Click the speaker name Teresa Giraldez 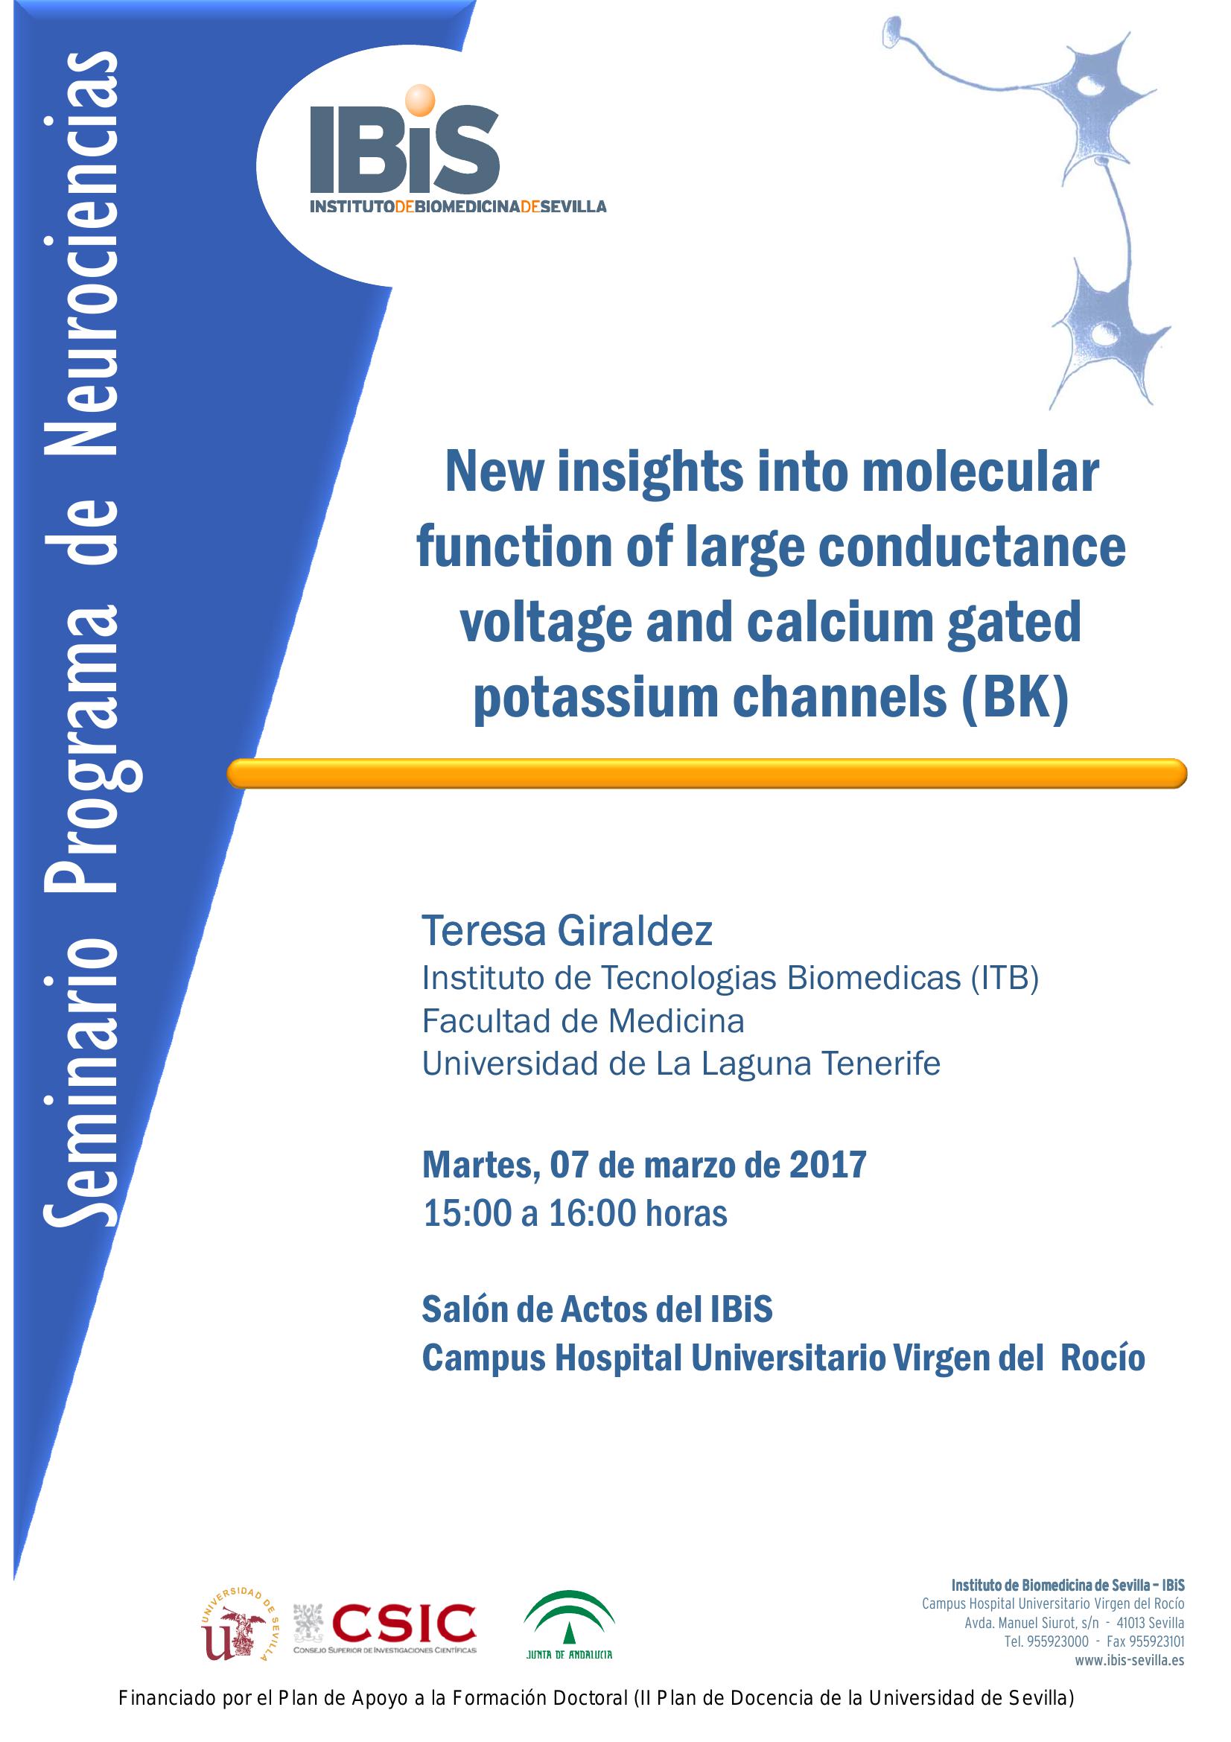tap(567, 931)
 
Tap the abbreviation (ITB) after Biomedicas tap(1004, 978)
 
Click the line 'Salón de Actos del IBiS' tap(597, 1309)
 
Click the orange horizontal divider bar tap(705, 773)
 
